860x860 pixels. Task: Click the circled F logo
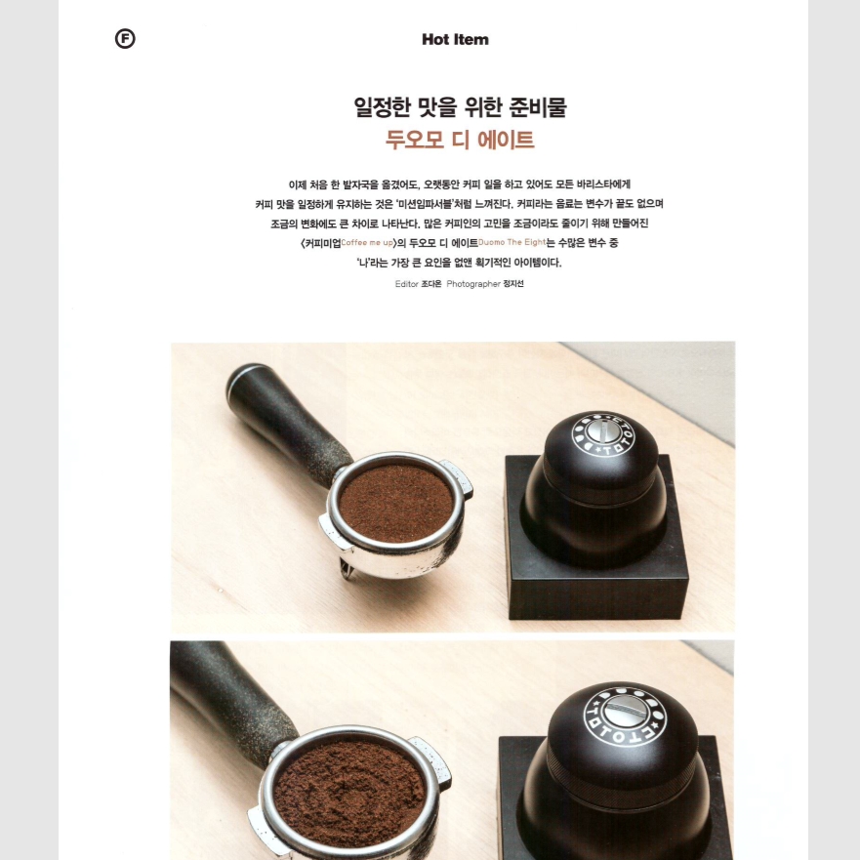pos(125,39)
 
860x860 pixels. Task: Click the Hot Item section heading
pos(455,39)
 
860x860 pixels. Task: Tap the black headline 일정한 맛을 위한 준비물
pos(460,106)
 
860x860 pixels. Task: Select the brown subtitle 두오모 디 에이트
pos(460,140)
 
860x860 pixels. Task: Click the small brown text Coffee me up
pos(367,242)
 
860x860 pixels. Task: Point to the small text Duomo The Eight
pos(512,242)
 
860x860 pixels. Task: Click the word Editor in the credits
pos(406,283)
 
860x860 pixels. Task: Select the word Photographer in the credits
pos(473,283)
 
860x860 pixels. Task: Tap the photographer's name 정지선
pos(513,283)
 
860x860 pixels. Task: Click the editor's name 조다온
pos(431,283)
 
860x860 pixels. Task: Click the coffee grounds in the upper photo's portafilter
pos(396,503)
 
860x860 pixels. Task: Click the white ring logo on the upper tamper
pos(602,435)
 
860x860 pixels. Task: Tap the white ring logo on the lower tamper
pos(625,716)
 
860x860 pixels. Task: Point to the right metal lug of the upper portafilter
pos(458,477)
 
